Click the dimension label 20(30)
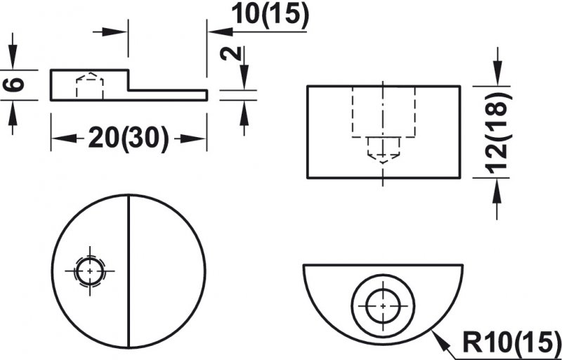pyautogui.click(x=129, y=139)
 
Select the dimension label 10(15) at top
pyautogui.click(x=270, y=15)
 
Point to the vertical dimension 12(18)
pyautogui.click(x=499, y=132)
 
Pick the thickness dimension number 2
pyautogui.click(x=230, y=53)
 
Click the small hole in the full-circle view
pyautogui.click(x=90, y=271)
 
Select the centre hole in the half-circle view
pyautogui.click(x=383, y=306)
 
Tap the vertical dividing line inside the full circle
pyautogui.click(x=129, y=271)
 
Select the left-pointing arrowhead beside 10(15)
pyautogui.click(x=221, y=32)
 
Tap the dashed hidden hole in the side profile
pyautogui.click(x=90, y=85)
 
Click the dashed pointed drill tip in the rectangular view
pyautogui.click(x=383, y=150)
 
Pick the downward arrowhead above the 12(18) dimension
pyautogui.click(x=497, y=74)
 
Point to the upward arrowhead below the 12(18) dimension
pyautogui.click(x=497, y=190)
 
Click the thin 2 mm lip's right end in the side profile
pyautogui.click(x=207, y=95)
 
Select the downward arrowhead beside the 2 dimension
pyautogui.click(x=244, y=77)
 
